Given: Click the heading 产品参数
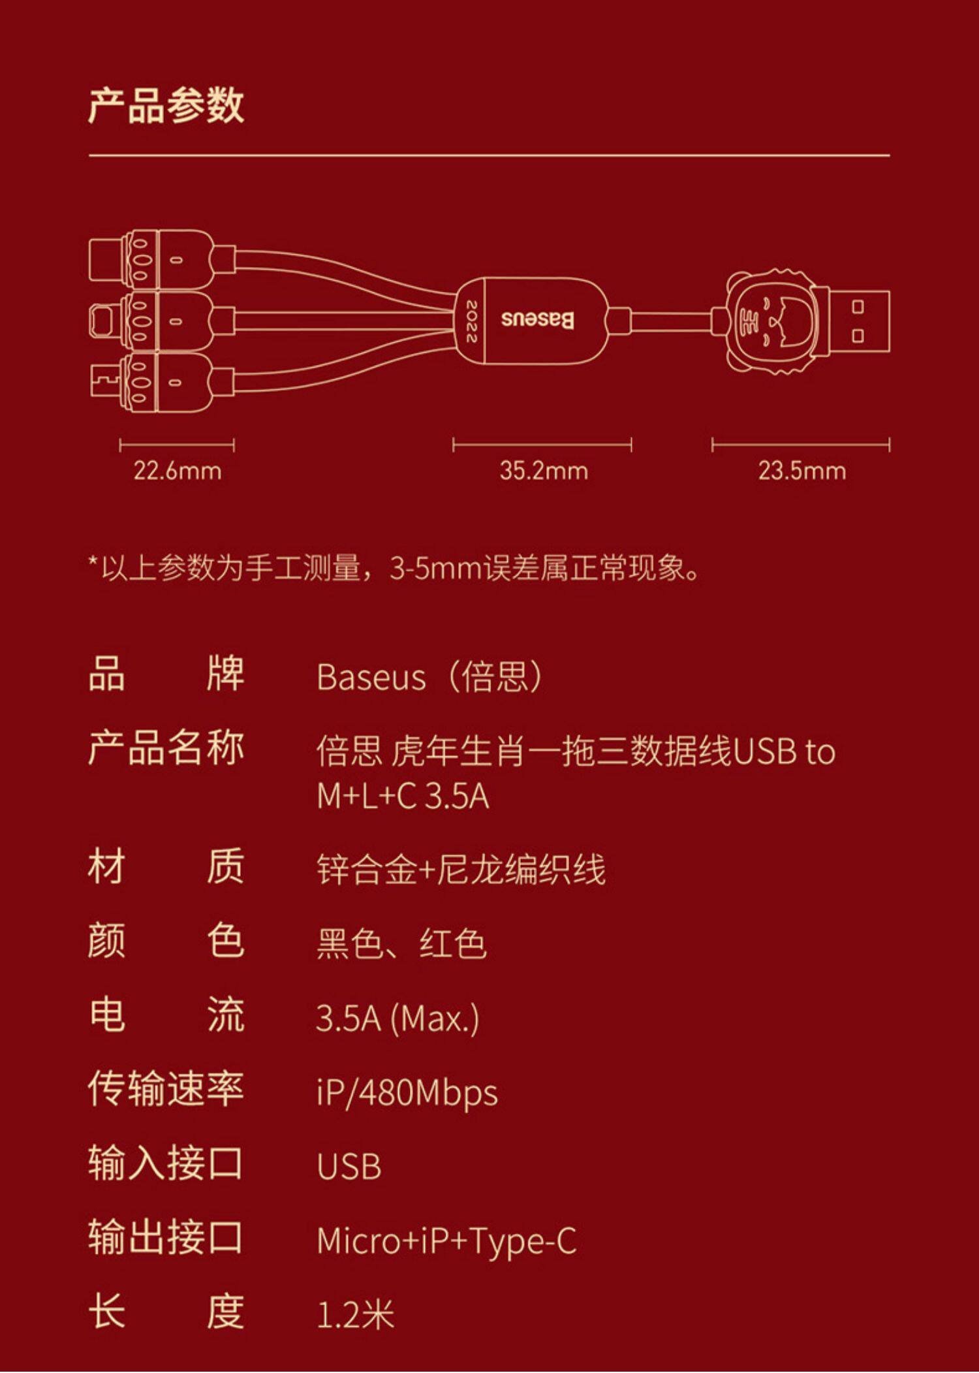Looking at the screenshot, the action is (x=166, y=105).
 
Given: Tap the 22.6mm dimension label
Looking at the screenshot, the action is (x=178, y=471).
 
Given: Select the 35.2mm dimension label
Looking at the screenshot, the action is (x=544, y=471).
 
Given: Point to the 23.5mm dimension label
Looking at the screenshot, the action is (x=802, y=471).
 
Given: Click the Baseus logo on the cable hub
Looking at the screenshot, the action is (x=538, y=320).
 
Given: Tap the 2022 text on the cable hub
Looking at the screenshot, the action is (x=471, y=321).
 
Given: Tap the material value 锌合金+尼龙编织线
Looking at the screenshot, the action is (x=461, y=870).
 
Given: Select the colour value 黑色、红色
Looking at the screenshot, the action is (x=401, y=944).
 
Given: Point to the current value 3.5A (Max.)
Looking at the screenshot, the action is (x=397, y=1018).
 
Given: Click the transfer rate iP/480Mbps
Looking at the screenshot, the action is (x=407, y=1092).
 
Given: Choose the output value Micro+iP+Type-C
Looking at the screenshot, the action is (x=446, y=1240).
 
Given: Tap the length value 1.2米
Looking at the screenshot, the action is (x=356, y=1314).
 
